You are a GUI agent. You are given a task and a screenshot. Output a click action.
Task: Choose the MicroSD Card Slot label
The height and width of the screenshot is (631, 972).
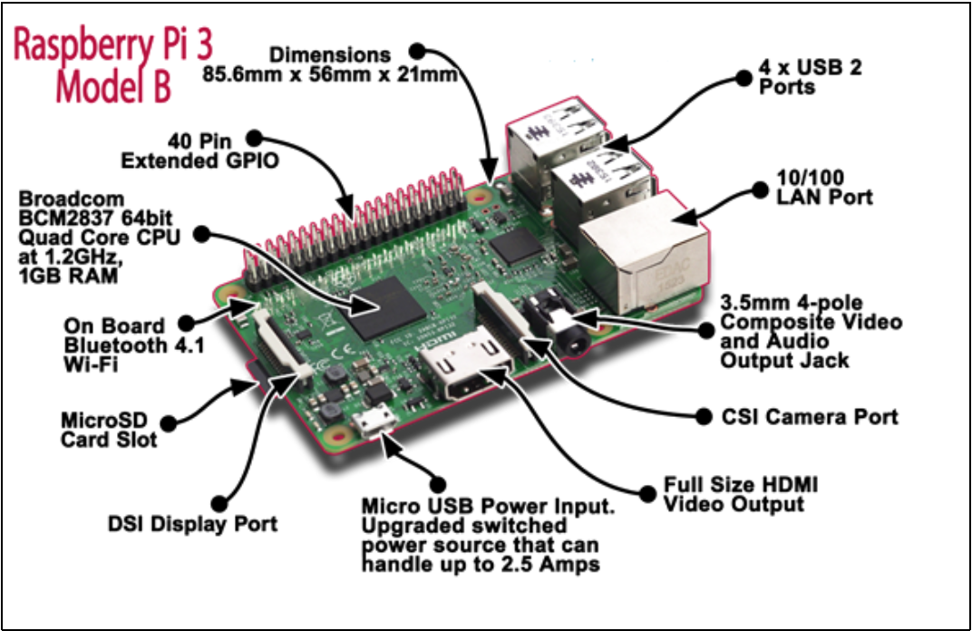point(109,430)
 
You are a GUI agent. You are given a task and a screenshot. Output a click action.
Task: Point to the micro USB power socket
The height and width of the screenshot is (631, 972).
point(374,422)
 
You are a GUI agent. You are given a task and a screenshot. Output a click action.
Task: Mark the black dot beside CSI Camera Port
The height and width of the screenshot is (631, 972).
point(703,416)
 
